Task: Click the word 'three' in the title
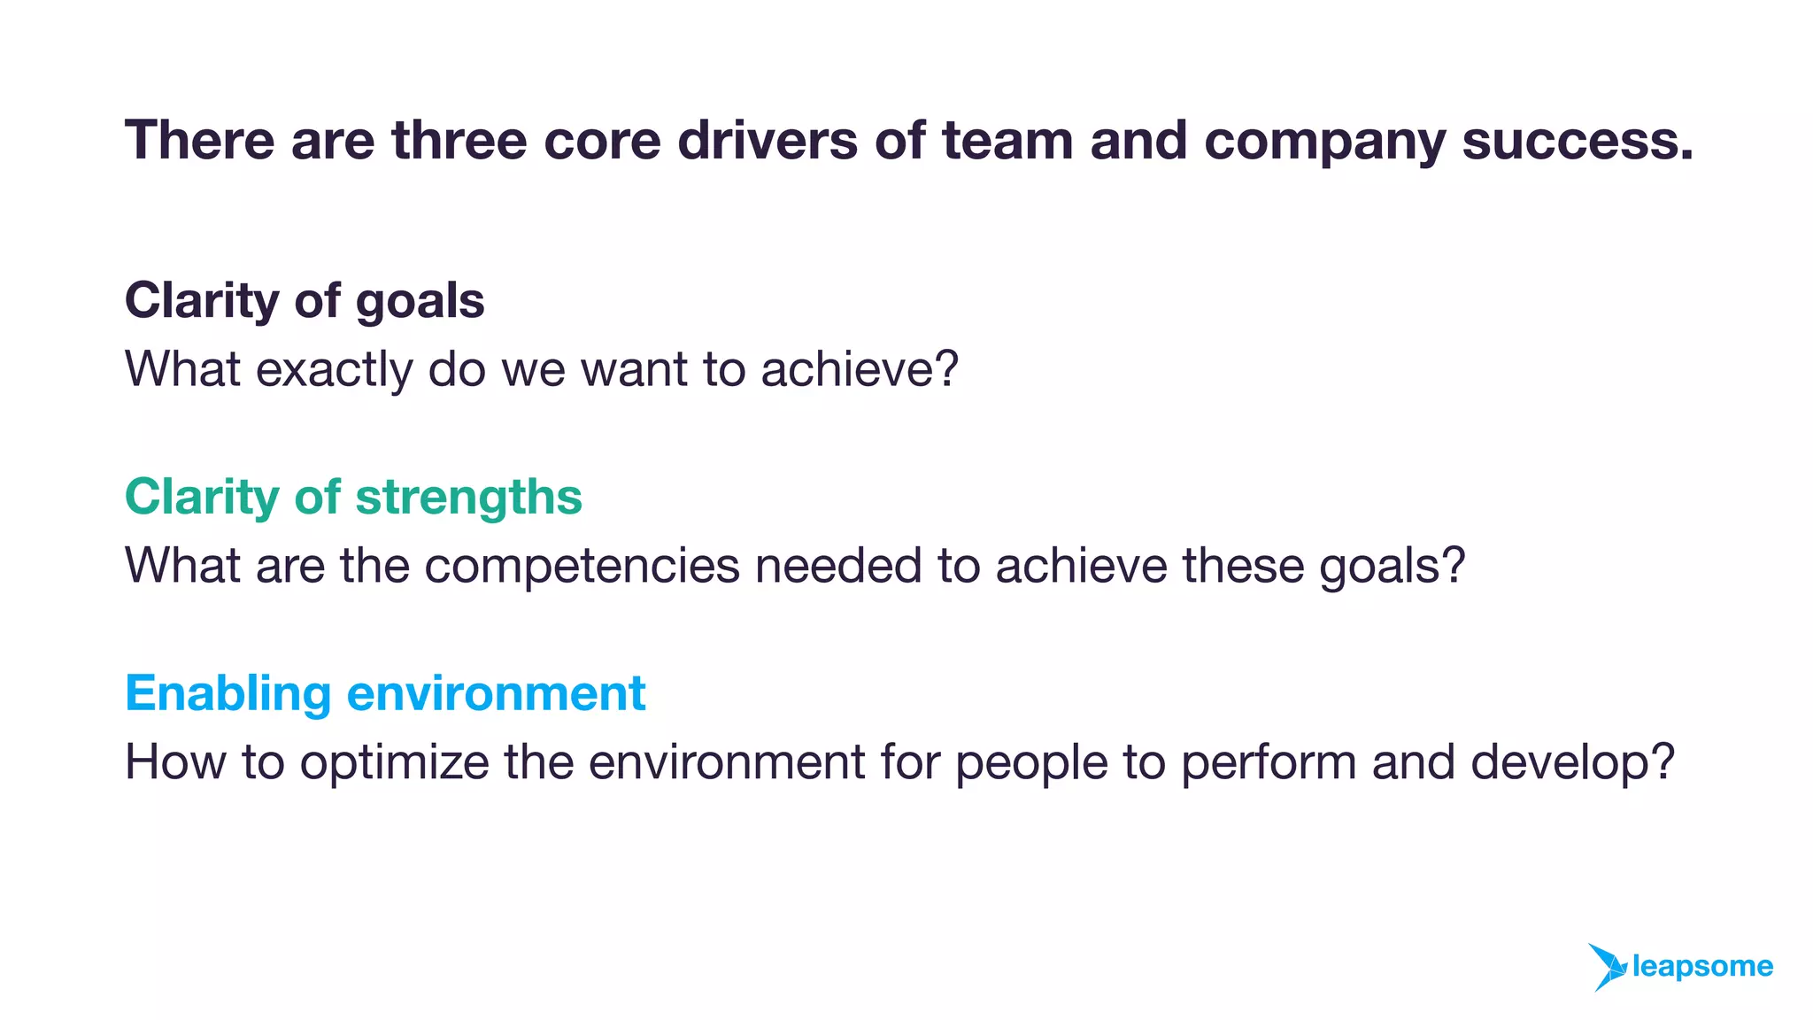(459, 140)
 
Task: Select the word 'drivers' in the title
(768, 140)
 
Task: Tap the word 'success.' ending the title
(1578, 140)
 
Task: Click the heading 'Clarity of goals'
(305, 301)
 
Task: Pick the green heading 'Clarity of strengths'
(353, 498)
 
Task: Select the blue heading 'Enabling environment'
(385, 693)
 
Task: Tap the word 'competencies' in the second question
(582, 567)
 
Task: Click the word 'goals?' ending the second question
(1392, 567)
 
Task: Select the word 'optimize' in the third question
(394, 763)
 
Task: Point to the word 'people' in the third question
(1031, 764)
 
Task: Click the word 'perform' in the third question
(1269, 763)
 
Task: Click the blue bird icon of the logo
(1606, 967)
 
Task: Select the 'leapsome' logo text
(1701, 967)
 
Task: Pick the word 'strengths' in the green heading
(468, 498)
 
